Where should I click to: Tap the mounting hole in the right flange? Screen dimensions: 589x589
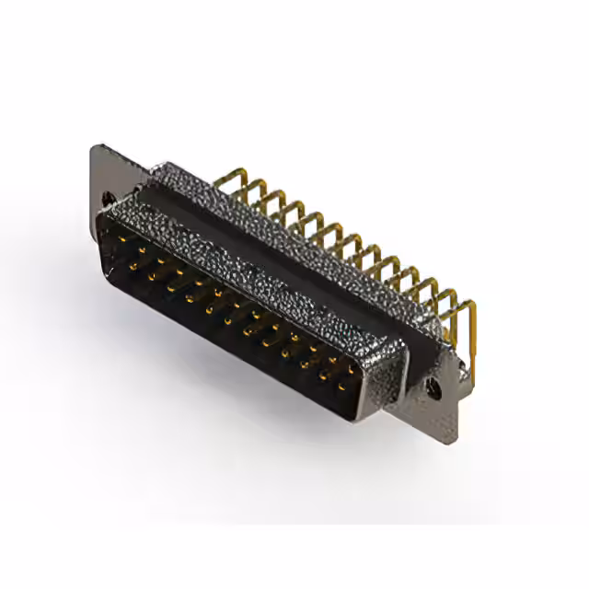pos(434,388)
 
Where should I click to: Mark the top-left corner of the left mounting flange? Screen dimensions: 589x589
pos(93,147)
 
